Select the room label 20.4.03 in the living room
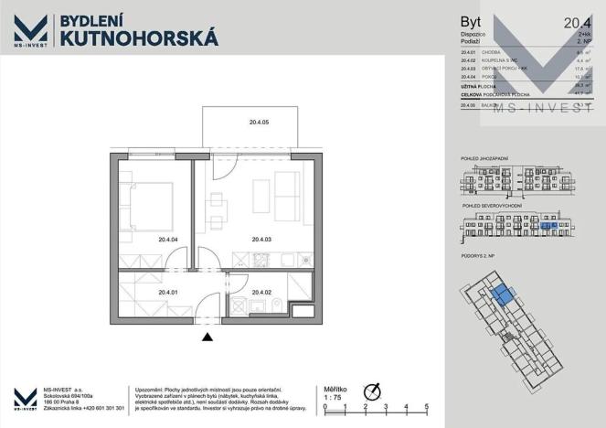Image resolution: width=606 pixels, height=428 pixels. click(x=261, y=241)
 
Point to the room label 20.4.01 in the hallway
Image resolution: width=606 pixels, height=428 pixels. click(x=167, y=293)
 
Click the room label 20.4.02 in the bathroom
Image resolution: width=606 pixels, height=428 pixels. click(x=261, y=293)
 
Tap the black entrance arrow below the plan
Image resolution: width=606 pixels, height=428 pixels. click(x=208, y=337)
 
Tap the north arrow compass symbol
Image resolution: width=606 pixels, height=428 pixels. click(x=371, y=388)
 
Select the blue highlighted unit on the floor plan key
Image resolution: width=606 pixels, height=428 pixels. click(x=502, y=294)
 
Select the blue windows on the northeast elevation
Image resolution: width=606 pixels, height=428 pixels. click(x=548, y=224)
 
